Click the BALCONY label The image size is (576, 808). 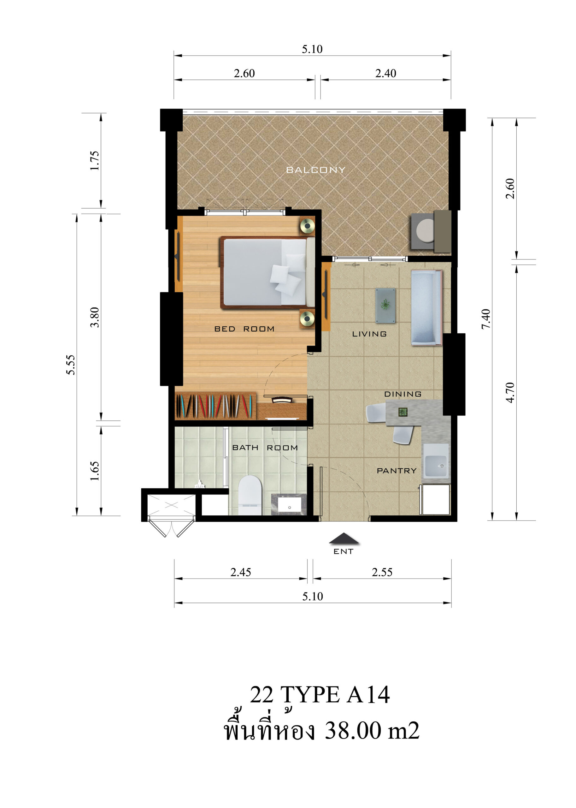tap(315, 170)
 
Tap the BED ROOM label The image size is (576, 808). tap(244, 329)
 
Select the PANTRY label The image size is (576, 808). tap(397, 471)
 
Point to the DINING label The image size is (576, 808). tap(403, 394)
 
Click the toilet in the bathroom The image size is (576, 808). tap(250, 495)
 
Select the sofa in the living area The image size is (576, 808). tap(426, 308)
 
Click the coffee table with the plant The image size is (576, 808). tap(385, 306)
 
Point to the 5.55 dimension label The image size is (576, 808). tap(71, 365)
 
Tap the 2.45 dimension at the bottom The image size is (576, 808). tap(240, 572)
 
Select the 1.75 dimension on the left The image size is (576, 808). tap(95, 161)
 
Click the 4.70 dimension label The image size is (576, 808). tap(510, 392)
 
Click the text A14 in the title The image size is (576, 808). tap(368, 695)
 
